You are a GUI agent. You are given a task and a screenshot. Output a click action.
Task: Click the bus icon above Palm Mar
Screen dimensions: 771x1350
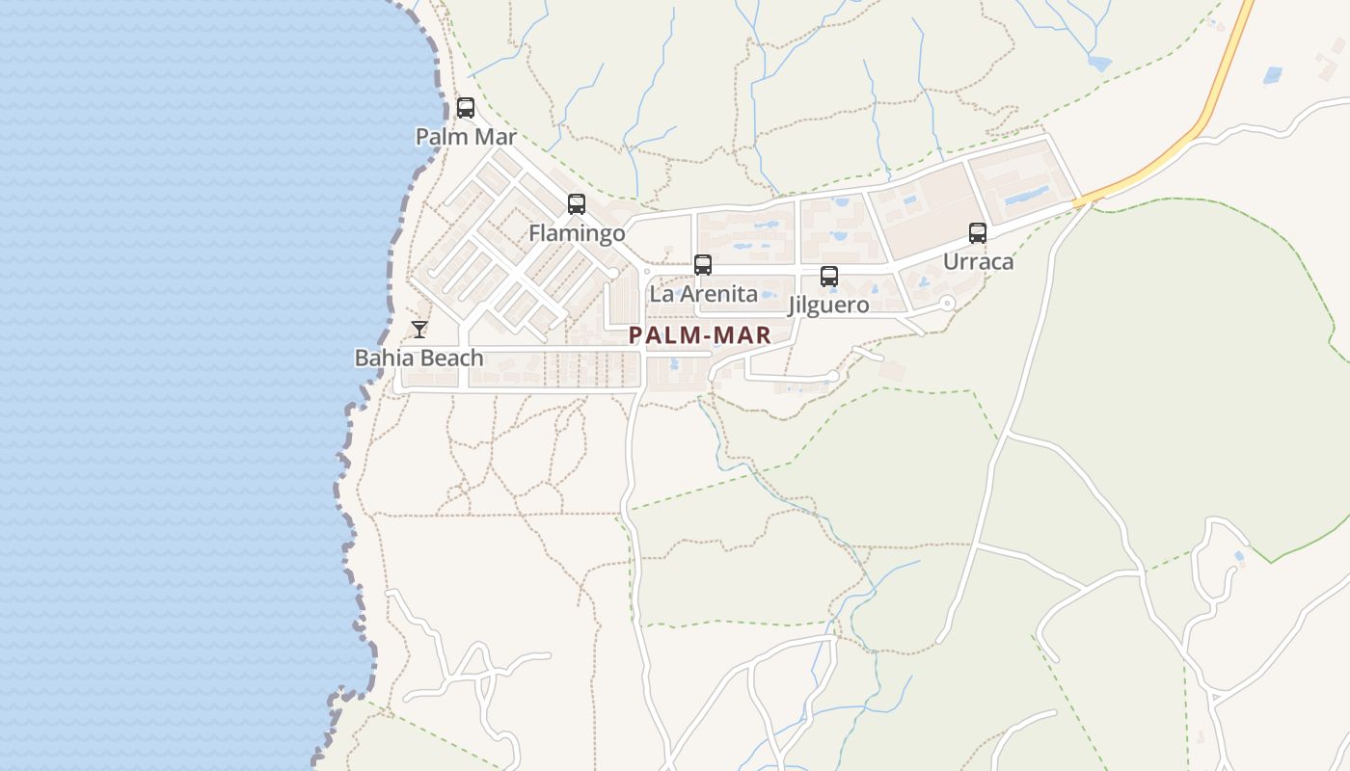pos(466,108)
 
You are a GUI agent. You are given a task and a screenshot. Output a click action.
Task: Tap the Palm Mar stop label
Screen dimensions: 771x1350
pos(466,137)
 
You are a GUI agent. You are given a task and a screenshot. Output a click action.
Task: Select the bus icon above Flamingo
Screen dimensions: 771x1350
pos(577,204)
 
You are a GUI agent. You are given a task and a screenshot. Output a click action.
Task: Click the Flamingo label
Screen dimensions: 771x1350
pos(577,233)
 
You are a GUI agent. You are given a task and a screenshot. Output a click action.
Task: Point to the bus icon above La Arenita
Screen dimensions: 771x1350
pos(703,265)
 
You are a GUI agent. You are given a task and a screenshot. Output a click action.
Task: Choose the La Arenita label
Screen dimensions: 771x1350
pos(703,294)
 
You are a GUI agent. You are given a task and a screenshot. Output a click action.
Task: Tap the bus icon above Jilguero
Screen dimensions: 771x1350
pos(829,277)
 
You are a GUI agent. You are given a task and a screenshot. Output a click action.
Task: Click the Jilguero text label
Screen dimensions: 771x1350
pos(828,306)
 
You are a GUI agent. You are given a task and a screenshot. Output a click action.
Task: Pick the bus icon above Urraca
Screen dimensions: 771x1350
pos(978,233)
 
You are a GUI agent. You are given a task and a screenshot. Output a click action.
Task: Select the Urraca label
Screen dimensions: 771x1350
pos(978,262)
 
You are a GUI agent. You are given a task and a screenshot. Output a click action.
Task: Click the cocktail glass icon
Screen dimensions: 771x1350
pos(419,330)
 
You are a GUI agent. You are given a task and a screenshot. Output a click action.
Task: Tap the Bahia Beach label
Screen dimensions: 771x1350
pos(419,359)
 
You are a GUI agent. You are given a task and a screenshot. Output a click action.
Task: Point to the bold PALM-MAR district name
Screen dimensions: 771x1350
pos(700,335)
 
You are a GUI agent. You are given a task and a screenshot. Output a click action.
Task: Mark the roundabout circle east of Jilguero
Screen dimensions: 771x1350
pos(947,304)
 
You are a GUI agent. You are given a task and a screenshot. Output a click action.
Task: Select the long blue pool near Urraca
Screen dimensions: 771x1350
pos(1026,198)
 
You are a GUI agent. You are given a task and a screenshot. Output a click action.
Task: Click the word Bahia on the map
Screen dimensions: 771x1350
pos(385,359)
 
